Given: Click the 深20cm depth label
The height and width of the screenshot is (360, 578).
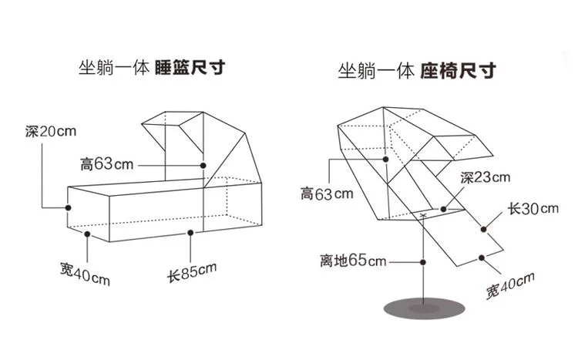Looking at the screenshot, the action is click(51, 131).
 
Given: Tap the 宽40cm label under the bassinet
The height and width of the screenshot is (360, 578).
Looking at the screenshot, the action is click(85, 274).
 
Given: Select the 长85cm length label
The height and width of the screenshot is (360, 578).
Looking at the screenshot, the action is click(192, 272).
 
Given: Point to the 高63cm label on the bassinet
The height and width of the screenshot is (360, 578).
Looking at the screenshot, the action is click(106, 164).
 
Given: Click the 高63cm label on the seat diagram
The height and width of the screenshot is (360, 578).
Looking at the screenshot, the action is click(327, 193).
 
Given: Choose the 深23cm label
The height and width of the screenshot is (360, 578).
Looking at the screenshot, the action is click(485, 177).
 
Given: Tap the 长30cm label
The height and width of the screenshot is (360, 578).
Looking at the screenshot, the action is click(533, 209).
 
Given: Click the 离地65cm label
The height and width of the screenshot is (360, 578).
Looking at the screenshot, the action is click(353, 261).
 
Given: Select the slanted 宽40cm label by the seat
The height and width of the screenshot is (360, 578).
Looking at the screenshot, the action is click(510, 286).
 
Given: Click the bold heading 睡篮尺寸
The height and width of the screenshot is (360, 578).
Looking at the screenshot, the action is click(190, 68).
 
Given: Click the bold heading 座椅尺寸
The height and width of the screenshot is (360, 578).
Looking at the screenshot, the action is click(458, 70).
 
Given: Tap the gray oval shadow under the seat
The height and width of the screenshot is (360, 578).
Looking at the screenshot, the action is click(425, 308).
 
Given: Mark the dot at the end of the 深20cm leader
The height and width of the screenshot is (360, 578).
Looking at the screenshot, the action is click(68, 207).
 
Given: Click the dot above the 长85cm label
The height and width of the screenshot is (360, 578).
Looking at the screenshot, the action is click(190, 233).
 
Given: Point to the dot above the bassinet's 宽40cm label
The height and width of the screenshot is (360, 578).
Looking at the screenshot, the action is click(87, 234).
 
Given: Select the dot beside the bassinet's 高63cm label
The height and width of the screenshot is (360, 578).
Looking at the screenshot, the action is click(203, 166).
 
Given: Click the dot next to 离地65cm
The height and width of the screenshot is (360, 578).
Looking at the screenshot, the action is click(423, 262).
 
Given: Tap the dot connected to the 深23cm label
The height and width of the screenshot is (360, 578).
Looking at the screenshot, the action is click(444, 209).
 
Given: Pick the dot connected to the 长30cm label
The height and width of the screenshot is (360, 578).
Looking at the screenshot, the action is click(484, 230).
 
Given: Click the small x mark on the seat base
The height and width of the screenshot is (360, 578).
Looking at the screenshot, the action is click(424, 214).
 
